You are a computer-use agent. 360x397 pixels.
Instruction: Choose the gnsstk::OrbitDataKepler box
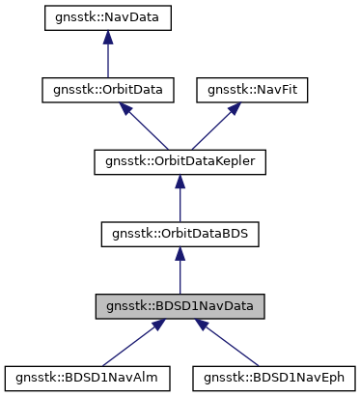click(180, 161)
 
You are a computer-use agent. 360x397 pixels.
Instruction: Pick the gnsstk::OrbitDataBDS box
click(180, 234)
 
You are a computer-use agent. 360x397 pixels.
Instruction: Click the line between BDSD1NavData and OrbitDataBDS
click(180, 274)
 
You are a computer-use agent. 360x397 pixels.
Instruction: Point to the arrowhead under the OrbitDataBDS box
click(180, 253)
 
